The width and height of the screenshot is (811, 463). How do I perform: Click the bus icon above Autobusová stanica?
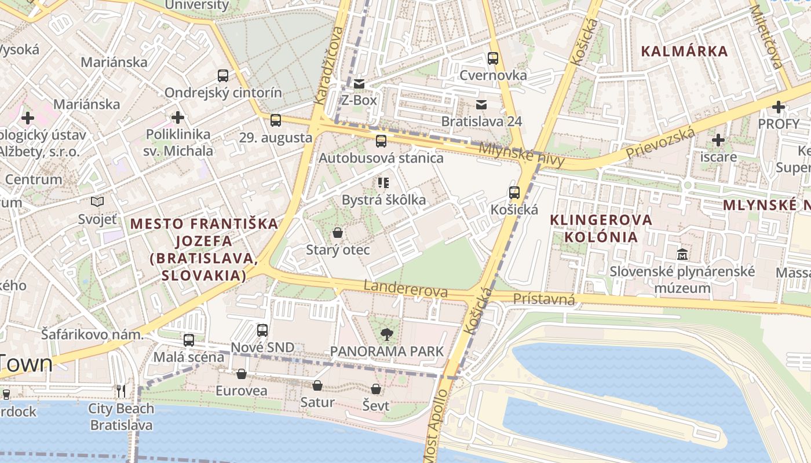[x=381, y=141]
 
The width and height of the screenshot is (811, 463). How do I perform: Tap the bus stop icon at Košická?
[x=514, y=193]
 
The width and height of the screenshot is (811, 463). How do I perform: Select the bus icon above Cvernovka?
[x=493, y=58]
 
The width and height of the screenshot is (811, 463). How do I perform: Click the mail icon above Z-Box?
[x=359, y=84]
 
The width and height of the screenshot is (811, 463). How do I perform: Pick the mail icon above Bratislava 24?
[x=481, y=104]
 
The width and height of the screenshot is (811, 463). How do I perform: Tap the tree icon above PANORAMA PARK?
[x=386, y=334]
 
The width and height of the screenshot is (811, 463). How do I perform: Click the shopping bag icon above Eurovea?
[x=242, y=374]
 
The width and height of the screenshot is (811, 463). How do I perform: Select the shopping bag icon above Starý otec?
[x=338, y=233]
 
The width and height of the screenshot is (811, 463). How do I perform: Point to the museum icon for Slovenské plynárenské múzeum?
[x=682, y=254]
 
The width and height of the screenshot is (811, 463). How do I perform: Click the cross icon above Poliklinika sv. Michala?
[x=178, y=117]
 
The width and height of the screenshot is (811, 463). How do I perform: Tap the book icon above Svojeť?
[x=97, y=202]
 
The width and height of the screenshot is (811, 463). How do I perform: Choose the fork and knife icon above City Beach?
[x=121, y=391]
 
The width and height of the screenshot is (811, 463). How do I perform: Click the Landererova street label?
[x=405, y=288]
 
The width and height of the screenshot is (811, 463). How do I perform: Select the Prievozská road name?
[x=660, y=144]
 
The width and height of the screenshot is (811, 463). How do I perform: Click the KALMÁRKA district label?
[x=684, y=51]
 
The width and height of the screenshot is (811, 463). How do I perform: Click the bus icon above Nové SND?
[x=262, y=330]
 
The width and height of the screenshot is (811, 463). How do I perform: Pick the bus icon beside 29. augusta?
[x=276, y=120]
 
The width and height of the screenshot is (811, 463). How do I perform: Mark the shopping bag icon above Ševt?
[x=376, y=389]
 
